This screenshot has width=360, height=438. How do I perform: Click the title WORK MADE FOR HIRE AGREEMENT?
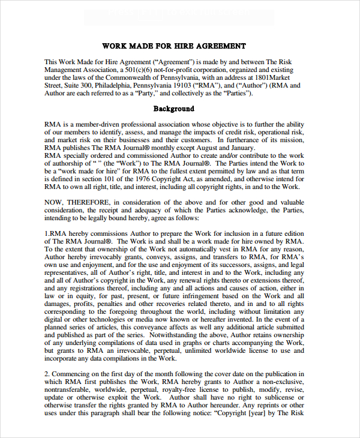[x=174, y=46]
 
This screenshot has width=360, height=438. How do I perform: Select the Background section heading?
[x=174, y=109]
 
